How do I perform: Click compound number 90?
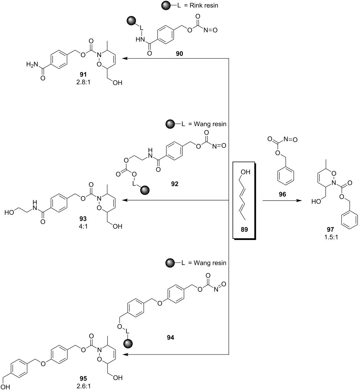[x=179, y=54]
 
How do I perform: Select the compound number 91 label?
[x=83, y=75]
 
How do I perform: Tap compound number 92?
[x=175, y=184]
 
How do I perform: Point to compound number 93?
[x=83, y=219]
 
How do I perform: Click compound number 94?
[x=170, y=338]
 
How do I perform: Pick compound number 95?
[x=83, y=379]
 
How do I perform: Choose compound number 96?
[x=282, y=194]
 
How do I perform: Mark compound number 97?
[x=330, y=230]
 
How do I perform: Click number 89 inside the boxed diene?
[x=244, y=230]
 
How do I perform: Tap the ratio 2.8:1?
[x=83, y=82]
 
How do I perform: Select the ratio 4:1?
[x=83, y=226]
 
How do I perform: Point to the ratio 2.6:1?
[x=83, y=386]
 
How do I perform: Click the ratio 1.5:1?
[x=331, y=237]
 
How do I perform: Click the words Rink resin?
[x=204, y=5]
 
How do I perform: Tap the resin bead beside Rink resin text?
[x=166, y=5]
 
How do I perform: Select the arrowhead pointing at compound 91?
[x=125, y=59]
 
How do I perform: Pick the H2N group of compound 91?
[x=32, y=64]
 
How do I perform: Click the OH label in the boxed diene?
[x=245, y=172]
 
